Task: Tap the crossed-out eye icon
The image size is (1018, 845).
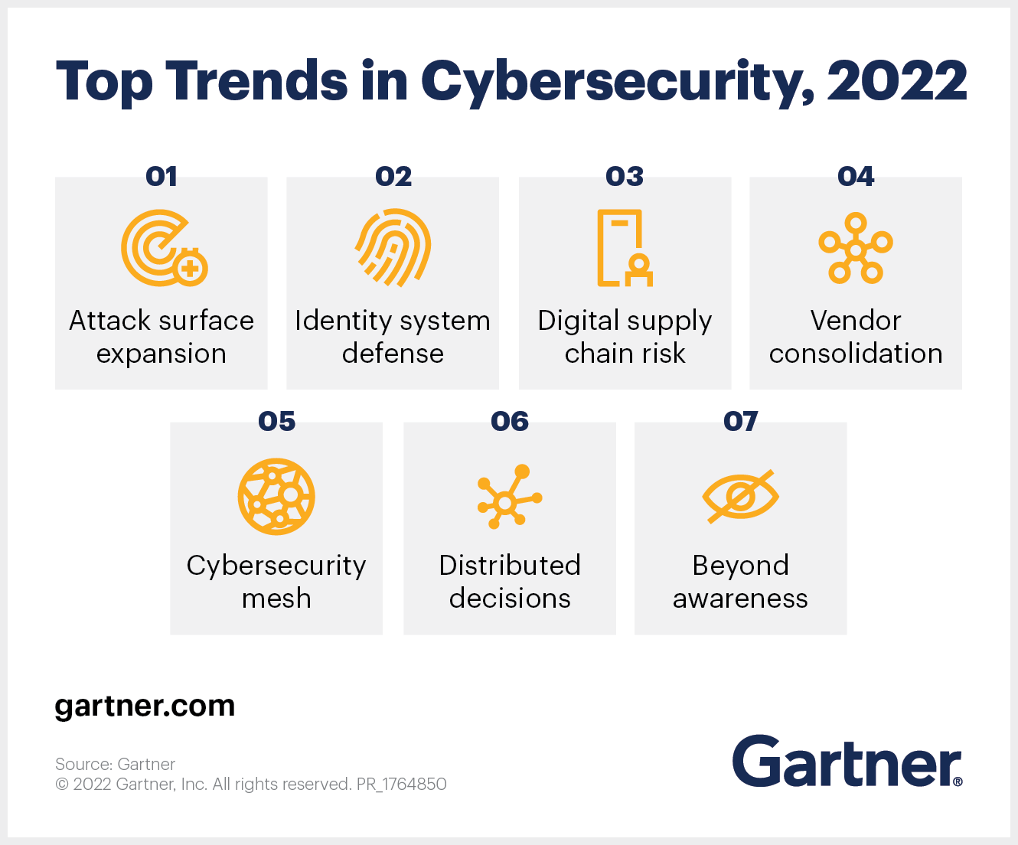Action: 740,497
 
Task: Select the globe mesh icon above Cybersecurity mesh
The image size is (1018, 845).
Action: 276,497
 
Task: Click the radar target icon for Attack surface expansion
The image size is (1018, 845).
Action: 162,248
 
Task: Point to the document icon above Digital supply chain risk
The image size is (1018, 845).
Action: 624,248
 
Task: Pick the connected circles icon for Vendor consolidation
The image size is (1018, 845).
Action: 856,249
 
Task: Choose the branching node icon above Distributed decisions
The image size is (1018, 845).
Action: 508,497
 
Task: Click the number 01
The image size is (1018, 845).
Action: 162,177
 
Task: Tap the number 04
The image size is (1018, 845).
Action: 856,177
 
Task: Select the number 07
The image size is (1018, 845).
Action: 740,422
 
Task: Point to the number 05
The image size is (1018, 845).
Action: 276,422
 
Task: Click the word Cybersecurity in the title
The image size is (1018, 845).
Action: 617,81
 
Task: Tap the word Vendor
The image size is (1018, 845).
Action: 856,321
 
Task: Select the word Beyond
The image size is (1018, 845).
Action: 740,566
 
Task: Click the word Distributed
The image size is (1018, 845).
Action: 510,566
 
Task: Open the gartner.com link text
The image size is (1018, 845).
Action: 145,706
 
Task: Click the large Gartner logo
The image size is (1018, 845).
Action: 847,762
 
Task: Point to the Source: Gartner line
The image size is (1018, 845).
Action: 115,764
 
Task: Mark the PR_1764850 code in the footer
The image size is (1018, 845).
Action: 402,784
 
